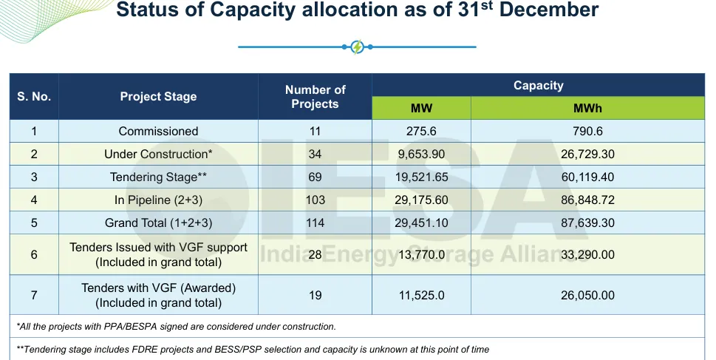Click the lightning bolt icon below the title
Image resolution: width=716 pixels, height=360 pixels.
coord(358,47)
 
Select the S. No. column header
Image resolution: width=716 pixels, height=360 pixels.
coord(34,97)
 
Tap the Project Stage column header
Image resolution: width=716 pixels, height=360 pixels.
coord(158,97)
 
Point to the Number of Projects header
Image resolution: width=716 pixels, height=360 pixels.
coord(315,97)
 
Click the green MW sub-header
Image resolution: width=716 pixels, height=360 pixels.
coord(421,108)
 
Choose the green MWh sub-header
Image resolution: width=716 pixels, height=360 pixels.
coord(587,108)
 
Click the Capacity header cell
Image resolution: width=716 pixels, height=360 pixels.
coord(538,86)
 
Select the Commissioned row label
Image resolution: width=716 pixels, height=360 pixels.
coord(158,132)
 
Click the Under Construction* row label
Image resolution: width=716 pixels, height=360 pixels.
coord(158,154)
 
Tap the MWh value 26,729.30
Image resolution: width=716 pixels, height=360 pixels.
coord(587,154)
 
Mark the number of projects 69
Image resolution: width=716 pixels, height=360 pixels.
coord(315,177)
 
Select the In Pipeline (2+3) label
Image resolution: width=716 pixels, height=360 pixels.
coord(158,200)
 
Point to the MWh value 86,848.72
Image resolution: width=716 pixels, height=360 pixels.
coord(587,200)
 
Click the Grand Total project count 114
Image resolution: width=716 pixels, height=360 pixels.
coord(315,223)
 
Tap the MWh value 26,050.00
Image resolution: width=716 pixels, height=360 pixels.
coord(587,295)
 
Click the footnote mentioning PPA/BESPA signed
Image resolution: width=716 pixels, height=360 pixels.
coord(176,326)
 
